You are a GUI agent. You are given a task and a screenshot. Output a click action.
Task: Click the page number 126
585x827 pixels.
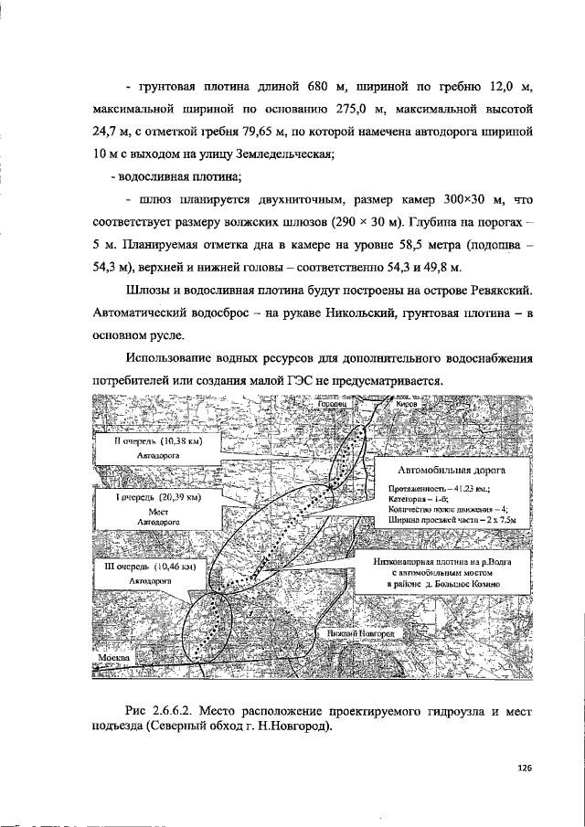[x=524, y=768]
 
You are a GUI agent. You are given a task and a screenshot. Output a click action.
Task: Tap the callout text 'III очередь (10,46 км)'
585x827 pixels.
[x=153, y=567]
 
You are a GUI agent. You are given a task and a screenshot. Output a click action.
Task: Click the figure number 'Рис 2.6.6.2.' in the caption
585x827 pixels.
[x=163, y=709]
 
